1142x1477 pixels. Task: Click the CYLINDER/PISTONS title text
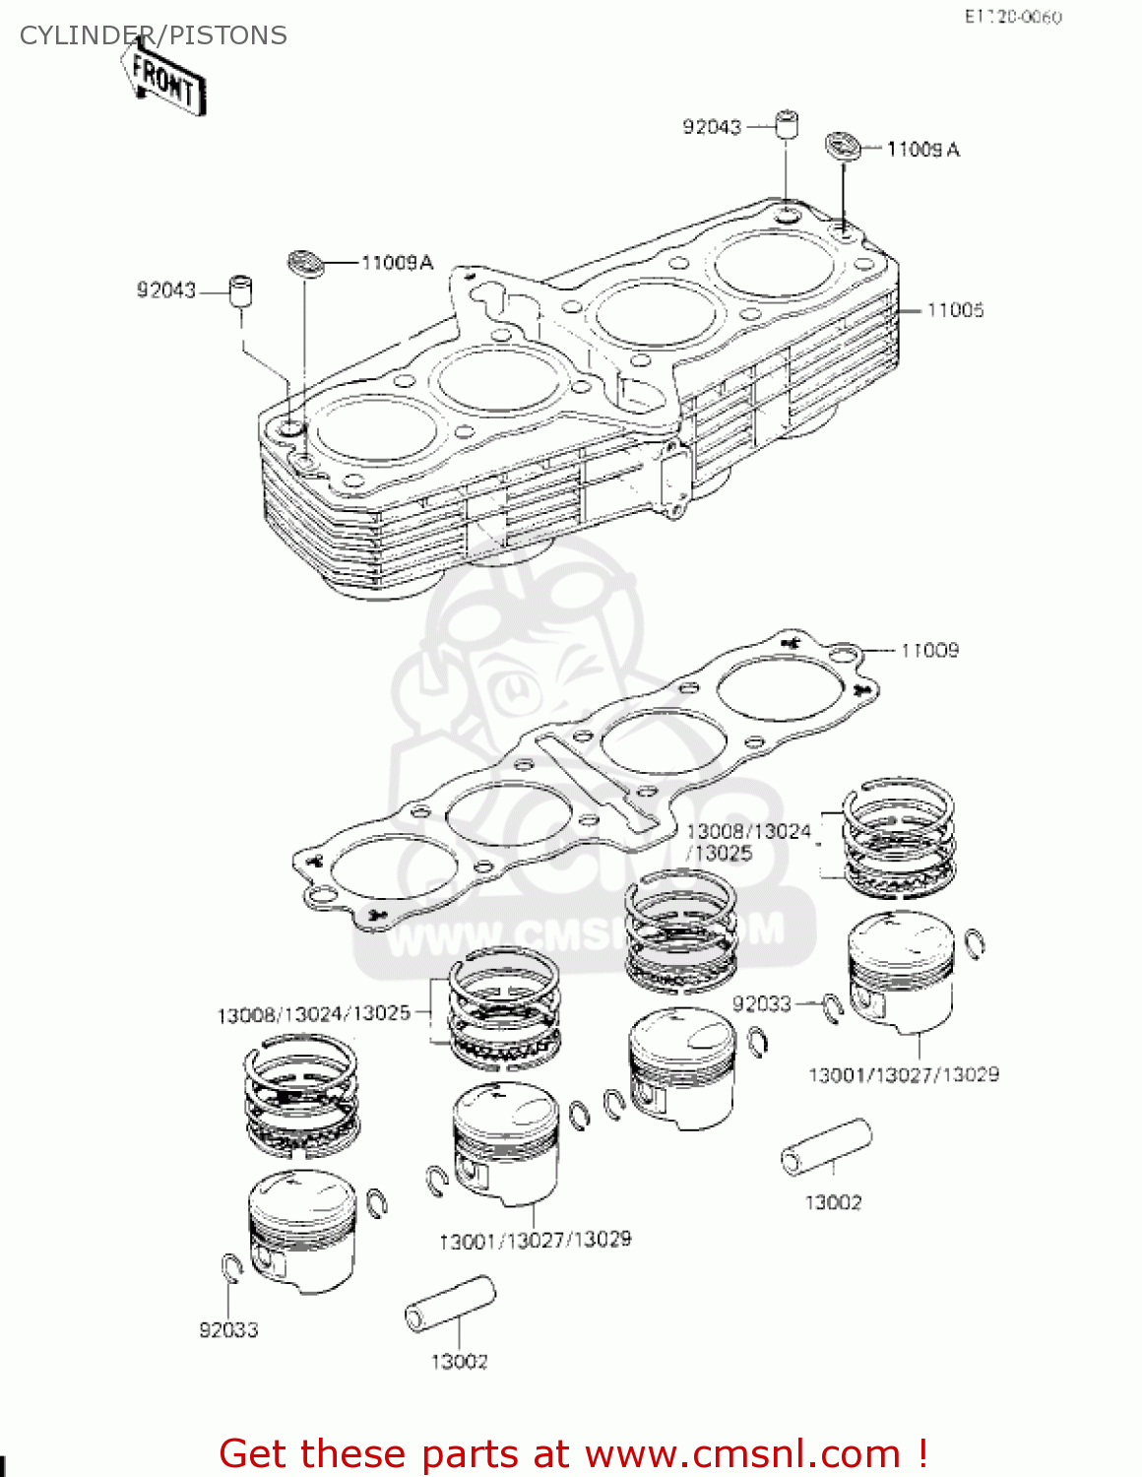[153, 35]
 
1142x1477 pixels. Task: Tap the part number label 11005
[955, 310]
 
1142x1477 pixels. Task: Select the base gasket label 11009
[929, 650]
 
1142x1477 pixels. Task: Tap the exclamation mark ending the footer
[921, 1453]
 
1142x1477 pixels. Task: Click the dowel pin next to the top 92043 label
[786, 125]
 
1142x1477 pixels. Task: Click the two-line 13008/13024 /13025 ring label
[748, 843]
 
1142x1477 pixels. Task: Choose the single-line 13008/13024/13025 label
[313, 1014]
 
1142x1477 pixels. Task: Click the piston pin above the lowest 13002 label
[450, 1305]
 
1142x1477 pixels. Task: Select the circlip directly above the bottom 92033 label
[231, 1270]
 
